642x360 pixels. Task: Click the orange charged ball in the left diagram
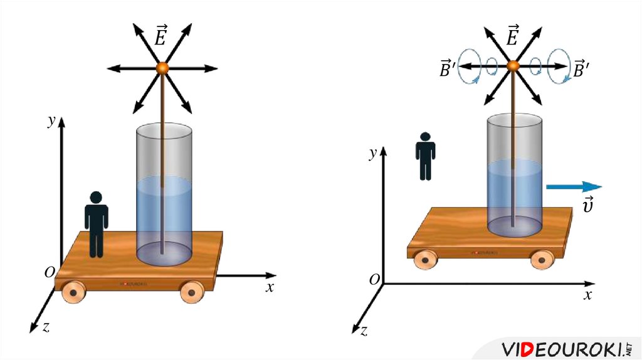(x=163, y=68)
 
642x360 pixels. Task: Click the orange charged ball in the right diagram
(x=513, y=65)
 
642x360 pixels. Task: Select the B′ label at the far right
(x=581, y=70)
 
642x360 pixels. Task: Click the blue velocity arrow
(x=573, y=186)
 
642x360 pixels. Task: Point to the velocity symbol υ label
(x=588, y=206)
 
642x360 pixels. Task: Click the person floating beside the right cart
(x=425, y=156)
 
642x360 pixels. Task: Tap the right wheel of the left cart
(x=191, y=292)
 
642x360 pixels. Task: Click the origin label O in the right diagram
(x=374, y=280)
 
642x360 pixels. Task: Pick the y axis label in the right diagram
(x=372, y=152)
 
